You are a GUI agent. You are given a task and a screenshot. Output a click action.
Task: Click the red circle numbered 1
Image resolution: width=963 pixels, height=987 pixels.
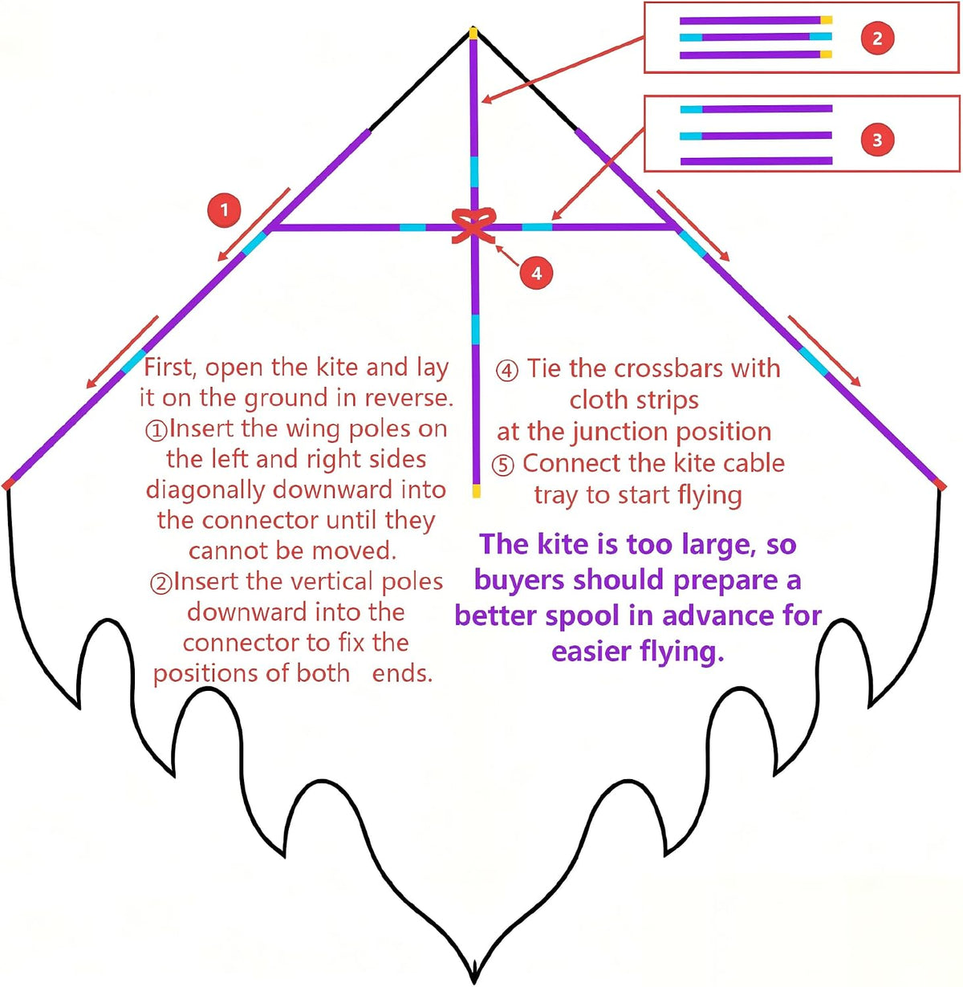click(x=224, y=209)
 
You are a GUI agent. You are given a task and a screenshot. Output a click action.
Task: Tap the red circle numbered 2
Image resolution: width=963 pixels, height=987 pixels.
click(x=877, y=38)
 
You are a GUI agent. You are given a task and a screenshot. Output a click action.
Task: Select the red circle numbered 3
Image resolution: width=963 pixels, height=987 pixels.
click(x=877, y=140)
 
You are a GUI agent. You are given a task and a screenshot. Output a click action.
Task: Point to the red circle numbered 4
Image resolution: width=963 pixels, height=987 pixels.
click(x=536, y=274)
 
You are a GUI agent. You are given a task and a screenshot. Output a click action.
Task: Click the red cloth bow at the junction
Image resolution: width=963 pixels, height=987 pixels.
click(x=473, y=225)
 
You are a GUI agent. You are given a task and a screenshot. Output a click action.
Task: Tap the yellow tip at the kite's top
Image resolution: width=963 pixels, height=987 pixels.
click(x=473, y=33)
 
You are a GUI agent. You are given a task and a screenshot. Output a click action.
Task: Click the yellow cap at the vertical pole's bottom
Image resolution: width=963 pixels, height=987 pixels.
click(x=476, y=491)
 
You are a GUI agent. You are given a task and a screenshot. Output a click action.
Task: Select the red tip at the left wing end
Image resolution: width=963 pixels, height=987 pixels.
click(x=7, y=484)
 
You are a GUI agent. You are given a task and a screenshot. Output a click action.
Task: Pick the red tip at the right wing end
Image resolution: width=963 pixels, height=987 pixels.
click(x=940, y=484)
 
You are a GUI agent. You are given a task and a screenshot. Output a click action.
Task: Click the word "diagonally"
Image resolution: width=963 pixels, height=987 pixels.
click(x=206, y=490)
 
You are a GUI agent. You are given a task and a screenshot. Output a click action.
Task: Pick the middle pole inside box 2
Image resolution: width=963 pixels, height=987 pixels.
click(x=756, y=37)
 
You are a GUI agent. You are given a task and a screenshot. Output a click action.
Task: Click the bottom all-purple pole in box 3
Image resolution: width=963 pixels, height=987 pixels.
click(x=756, y=160)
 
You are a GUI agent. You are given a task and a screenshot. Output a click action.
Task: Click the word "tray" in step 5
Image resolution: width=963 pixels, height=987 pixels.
click(x=557, y=496)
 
